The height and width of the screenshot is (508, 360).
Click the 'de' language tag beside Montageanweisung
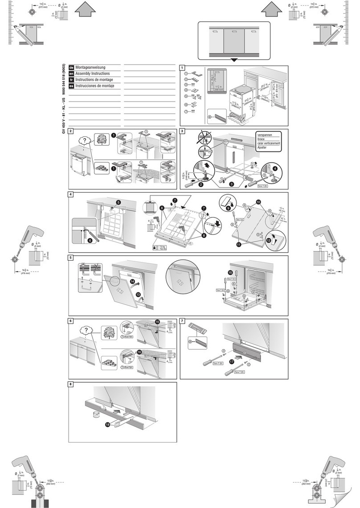72,67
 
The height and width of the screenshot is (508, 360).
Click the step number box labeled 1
183,68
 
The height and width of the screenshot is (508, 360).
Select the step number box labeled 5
71,258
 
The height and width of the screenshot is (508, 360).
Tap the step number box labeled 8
71,384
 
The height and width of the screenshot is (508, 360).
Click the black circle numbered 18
107,425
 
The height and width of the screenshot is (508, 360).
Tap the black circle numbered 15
230,272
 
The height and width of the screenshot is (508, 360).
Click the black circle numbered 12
269,240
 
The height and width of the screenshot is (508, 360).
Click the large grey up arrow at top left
85,8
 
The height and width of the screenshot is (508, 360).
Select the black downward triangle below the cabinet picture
234,59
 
